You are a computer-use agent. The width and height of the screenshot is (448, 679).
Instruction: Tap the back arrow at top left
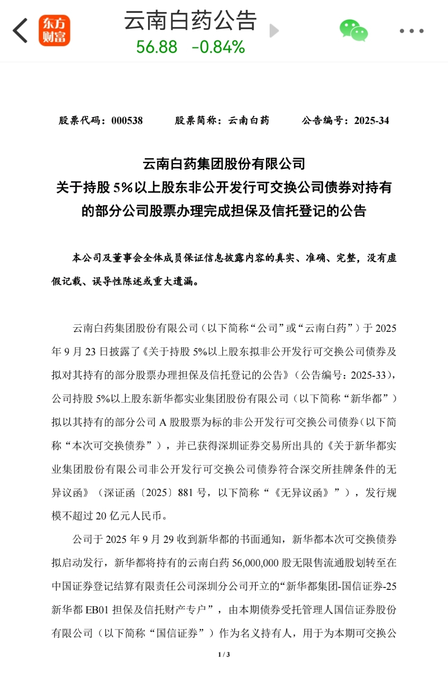(20, 31)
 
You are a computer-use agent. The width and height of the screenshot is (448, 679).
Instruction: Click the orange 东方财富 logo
(54, 31)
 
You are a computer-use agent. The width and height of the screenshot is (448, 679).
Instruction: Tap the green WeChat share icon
(353, 31)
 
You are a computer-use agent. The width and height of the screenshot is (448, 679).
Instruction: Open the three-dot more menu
(411, 31)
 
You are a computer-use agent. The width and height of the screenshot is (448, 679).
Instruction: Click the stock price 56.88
(157, 47)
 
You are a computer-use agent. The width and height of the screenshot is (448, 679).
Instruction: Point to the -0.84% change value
(218, 47)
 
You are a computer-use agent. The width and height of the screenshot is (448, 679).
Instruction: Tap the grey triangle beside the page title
(274, 31)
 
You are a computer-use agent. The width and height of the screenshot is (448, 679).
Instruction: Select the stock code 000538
(127, 121)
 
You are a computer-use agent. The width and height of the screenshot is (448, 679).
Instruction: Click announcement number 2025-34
(371, 121)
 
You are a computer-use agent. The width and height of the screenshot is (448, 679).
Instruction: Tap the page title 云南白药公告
(190, 20)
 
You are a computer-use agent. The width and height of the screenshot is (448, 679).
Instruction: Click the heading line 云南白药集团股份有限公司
(224, 164)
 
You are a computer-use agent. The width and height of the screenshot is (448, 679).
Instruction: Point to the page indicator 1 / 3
(224, 655)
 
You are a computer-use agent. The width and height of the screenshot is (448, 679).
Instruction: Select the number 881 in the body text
(185, 493)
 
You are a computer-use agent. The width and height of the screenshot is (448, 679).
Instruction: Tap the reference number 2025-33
(368, 375)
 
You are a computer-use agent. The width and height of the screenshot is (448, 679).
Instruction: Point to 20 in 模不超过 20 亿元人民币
(101, 516)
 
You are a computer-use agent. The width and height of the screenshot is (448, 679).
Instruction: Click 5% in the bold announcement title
(123, 187)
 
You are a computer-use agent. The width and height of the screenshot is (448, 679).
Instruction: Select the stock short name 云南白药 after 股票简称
(249, 121)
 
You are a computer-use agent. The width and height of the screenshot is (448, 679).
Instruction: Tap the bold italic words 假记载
(66, 282)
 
